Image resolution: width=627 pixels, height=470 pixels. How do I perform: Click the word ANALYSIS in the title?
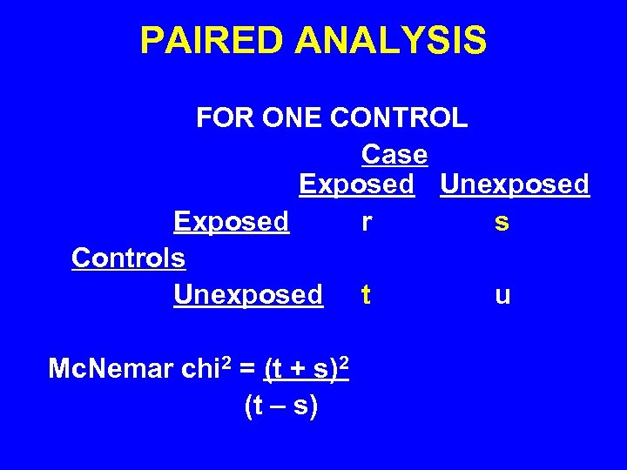pos(391,41)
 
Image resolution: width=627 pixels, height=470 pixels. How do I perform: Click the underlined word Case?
pos(394,155)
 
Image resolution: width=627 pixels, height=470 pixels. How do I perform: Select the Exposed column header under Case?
pos(356,185)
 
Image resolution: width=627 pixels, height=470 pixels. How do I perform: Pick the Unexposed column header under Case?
pos(515,185)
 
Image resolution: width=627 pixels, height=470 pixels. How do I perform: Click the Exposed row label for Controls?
pos(231,222)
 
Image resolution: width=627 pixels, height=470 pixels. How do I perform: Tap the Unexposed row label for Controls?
pos(248,295)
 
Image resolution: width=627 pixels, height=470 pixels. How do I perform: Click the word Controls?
pos(128,258)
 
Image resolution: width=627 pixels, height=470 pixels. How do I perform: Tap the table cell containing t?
pos(366,296)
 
